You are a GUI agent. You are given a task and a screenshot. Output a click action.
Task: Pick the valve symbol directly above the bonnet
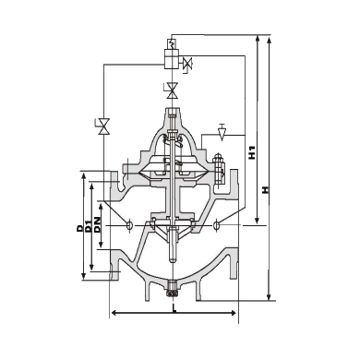point(172,90)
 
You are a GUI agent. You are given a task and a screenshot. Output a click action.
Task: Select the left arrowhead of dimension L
point(114,316)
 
